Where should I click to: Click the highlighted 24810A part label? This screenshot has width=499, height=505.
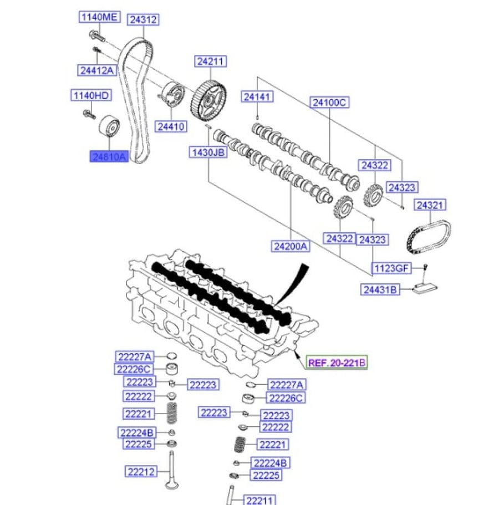(109, 156)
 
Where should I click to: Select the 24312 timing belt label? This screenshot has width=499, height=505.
(144, 19)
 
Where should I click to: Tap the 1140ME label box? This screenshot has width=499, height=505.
(100, 17)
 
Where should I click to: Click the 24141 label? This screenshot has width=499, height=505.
(257, 96)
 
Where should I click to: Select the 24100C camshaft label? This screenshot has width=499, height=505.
(329, 103)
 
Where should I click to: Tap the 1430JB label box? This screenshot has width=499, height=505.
(208, 152)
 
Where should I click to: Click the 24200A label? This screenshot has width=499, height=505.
(291, 246)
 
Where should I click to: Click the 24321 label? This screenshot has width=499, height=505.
(430, 205)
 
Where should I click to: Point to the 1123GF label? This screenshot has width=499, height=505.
(392, 268)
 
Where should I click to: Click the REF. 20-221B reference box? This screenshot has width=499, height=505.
(337, 363)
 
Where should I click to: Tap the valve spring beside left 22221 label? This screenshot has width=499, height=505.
(172, 413)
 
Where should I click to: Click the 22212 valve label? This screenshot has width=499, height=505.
(141, 472)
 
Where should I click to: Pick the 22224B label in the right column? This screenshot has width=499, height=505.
(270, 463)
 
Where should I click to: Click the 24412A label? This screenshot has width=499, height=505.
(97, 70)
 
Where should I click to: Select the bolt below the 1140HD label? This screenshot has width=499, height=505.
(89, 114)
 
